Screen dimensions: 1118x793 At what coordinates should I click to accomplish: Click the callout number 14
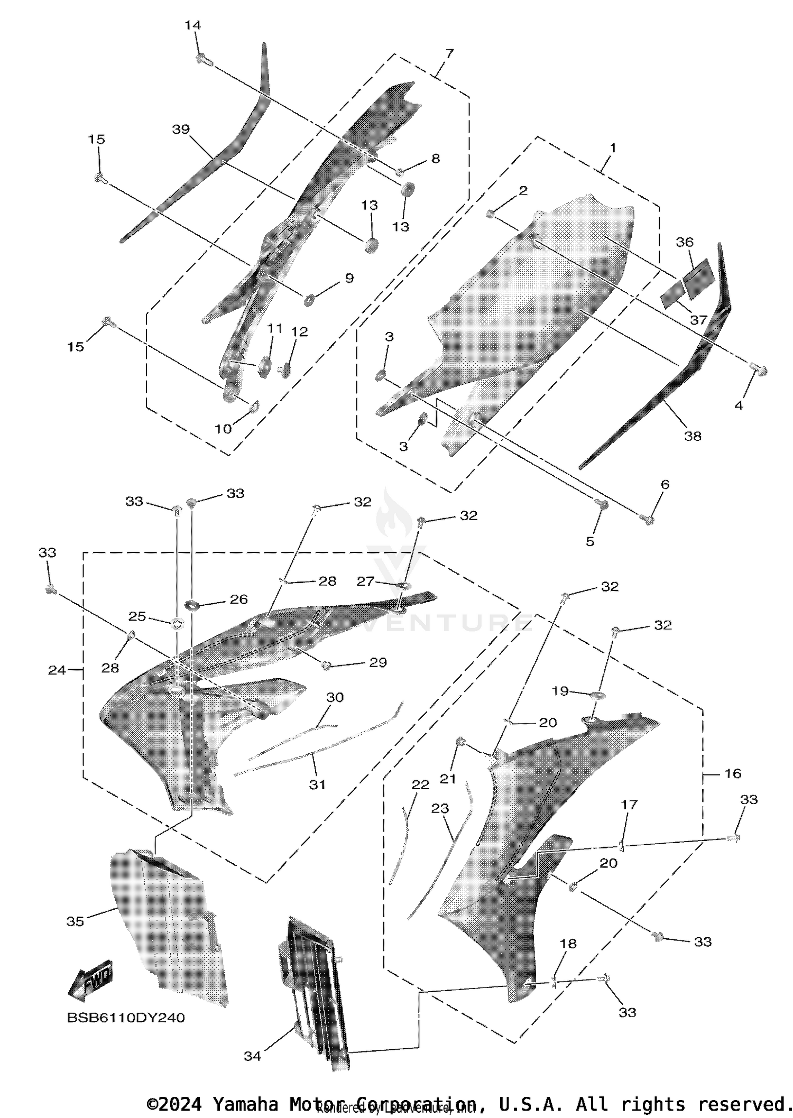[x=192, y=25]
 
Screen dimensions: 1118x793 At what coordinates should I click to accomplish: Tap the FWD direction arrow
[x=91, y=982]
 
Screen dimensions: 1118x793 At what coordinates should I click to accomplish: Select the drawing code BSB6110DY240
[x=126, y=1018]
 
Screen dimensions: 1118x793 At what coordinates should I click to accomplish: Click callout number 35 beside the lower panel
[x=75, y=921]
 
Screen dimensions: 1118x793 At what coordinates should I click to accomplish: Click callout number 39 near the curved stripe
[x=181, y=130]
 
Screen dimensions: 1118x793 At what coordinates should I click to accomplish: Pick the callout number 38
[x=693, y=436]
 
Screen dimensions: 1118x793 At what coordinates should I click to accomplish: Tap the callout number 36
[x=685, y=242]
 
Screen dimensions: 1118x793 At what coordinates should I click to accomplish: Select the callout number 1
[x=613, y=148]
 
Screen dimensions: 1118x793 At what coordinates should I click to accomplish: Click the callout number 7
[x=449, y=53]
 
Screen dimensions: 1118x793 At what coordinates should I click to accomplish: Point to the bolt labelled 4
[x=759, y=371]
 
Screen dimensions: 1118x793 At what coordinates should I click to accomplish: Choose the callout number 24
[x=57, y=670]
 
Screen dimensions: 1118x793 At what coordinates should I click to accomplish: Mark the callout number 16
[x=733, y=773]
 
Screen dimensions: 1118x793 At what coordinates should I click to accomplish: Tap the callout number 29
[x=378, y=662]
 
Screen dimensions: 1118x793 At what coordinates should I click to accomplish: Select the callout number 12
[x=299, y=331]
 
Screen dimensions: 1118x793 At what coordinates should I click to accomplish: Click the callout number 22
[x=420, y=785]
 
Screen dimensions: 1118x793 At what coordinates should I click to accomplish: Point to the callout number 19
[x=560, y=691]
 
